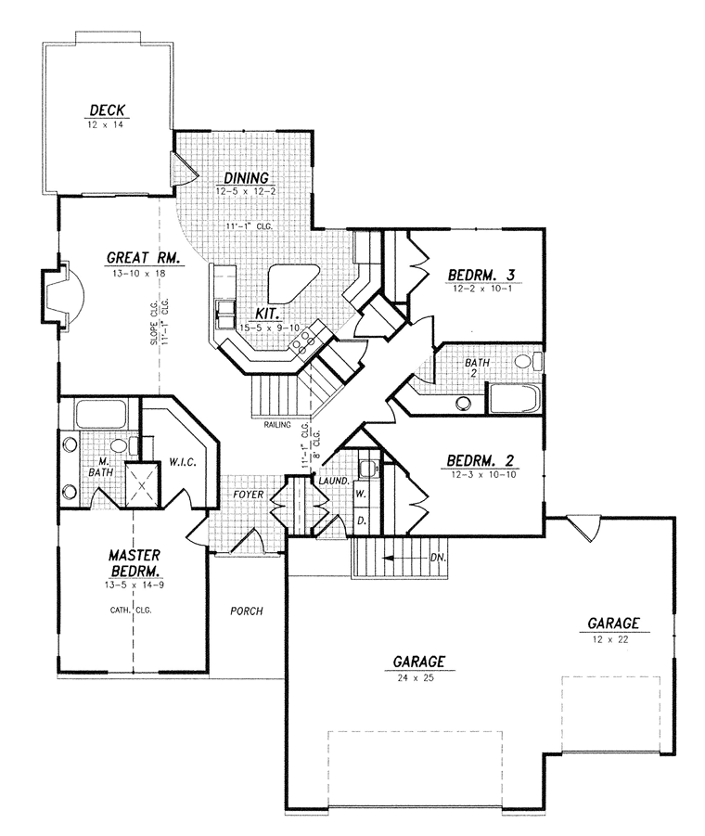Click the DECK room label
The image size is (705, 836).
click(107, 110)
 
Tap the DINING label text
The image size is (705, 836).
click(246, 177)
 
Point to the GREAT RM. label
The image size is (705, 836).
click(146, 258)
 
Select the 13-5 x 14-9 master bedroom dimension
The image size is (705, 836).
click(135, 585)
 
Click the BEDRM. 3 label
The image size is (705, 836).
click(481, 276)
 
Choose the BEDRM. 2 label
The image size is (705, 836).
click(481, 460)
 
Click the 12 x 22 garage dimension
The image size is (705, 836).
click(613, 640)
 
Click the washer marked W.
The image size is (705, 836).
click(361, 494)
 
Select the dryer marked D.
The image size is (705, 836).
click(361, 521)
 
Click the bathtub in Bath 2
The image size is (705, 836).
click(515, 398)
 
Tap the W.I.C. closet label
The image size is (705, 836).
click(183, 462)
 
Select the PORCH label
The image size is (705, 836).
click(246, 611)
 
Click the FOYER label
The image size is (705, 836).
click(249, 495)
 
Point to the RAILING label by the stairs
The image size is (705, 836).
click(277, 425)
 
